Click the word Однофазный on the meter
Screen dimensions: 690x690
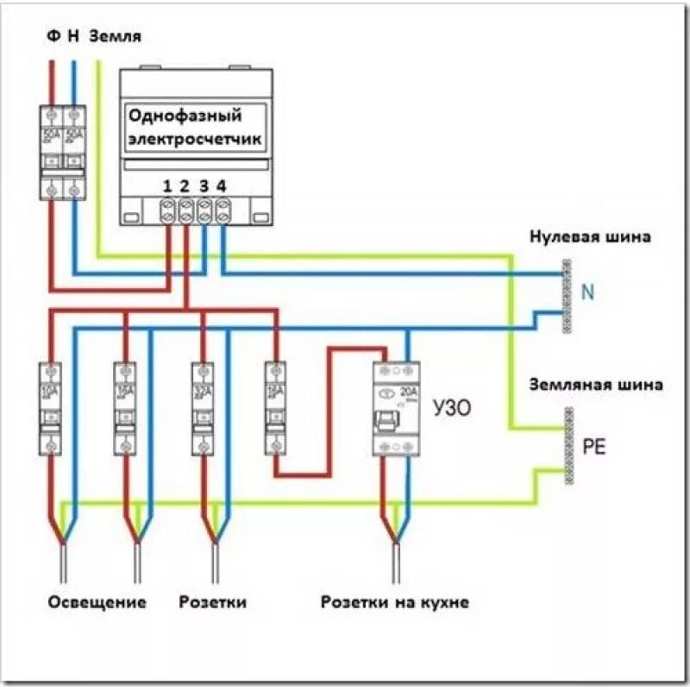(x=185, y=116)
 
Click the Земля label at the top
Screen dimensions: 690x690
(x=116, y=37)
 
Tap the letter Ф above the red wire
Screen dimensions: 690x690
(x=53, y=37)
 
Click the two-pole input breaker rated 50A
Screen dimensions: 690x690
(x=64, y=152)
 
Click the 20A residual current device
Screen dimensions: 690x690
(x=396, y=408)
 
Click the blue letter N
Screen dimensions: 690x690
(x=588, y=293)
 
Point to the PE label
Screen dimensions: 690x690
(x=594, y=447)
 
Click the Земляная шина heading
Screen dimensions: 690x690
(x=597, y=385)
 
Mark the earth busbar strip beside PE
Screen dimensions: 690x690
(x=568, y=446)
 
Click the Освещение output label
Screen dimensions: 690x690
(x=96, y=602)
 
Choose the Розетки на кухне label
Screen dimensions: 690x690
(x=394, y=602)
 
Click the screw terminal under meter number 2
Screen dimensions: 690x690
(x=186, y=209)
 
